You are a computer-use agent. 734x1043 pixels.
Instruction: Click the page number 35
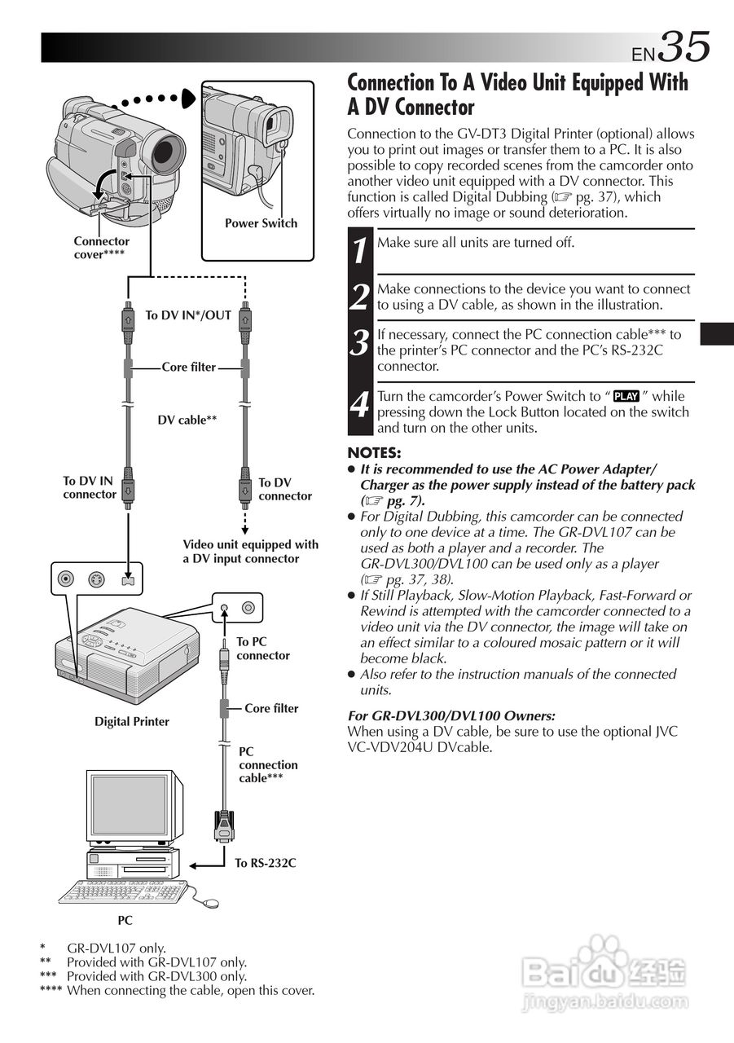coord(684,47)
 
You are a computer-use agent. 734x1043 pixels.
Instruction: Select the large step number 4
coord(359,403)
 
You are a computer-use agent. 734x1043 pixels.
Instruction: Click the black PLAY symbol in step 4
coord(626,397)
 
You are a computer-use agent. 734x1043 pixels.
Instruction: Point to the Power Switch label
coord(261,223)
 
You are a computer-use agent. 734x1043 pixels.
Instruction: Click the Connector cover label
coord(101,248)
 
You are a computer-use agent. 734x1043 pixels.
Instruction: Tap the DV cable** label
coord(187,420)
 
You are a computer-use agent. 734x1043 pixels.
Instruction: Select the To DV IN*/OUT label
coord(188,315)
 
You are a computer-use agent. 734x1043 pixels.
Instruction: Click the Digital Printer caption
coord(132,721)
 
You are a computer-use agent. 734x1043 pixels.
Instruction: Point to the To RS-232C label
coord(265,863)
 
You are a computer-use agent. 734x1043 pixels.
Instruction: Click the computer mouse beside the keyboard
coord(211,903)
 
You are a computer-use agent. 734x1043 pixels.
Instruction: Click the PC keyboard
coord(122,892)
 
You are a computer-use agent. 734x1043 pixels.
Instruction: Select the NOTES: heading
coord(375,453)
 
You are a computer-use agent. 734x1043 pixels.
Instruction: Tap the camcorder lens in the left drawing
coord(167,152)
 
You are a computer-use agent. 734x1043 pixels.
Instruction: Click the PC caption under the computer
coord(125,920)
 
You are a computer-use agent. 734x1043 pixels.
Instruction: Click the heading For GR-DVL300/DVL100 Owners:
coord(451,715)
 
